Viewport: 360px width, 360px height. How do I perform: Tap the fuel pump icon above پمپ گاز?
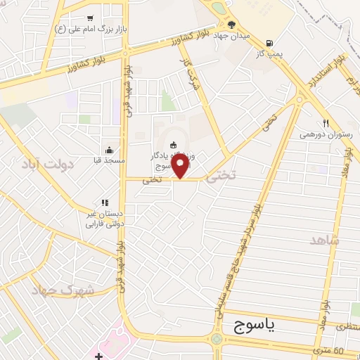click(270, 41)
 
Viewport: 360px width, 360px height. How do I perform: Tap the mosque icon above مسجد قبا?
click(109, 150)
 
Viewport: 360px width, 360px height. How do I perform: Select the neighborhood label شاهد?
click(325, 240)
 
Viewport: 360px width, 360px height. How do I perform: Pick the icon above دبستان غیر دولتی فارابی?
click(105, 202)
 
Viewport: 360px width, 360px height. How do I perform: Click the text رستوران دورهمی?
click(326, 134)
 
